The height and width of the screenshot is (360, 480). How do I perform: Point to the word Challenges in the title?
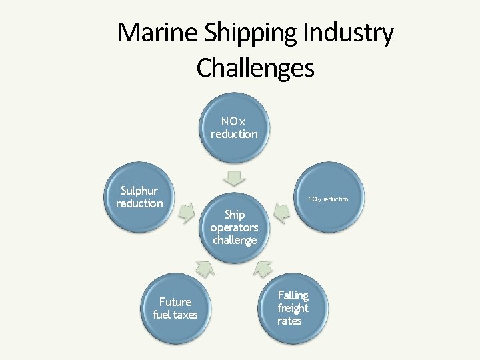[255, 67]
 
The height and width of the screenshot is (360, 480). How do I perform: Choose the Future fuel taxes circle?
[175, 308]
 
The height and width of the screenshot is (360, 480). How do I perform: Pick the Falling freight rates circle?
[293, 308]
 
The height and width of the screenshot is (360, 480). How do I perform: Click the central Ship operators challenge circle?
[234, 227]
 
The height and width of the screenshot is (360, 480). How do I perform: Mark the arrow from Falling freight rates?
[264, 268]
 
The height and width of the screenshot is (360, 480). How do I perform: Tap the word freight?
[293, 308]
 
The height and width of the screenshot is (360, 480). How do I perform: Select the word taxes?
[185, 315]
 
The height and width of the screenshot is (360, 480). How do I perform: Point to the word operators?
[234, 227]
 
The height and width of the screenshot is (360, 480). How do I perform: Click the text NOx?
[234, 121]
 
